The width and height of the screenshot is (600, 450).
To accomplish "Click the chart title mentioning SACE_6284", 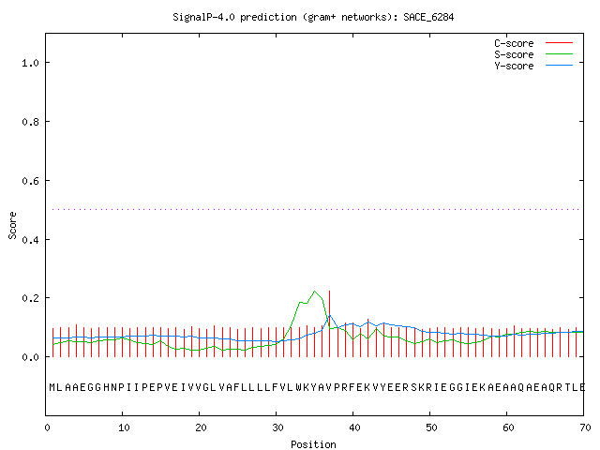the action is pos(313,17).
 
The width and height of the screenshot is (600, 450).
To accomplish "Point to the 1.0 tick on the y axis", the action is pos(30,63).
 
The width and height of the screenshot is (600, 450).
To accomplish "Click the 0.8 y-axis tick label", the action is pos(30,122).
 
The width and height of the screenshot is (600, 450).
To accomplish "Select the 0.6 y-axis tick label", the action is pos(30,181).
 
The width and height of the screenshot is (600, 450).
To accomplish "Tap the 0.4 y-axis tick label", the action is pos(30,240).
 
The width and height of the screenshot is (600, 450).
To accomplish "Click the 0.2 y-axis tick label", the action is pos(30,298).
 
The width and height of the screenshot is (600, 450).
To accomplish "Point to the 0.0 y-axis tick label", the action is pos(30,357).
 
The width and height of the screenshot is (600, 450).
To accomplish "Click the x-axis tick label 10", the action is pos(124,427).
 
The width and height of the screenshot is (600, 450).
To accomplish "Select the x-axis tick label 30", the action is pos(277,427).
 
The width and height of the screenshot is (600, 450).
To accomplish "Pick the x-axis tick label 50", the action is pos(431,427).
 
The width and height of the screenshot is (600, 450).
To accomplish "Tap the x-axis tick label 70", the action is pos(585,427).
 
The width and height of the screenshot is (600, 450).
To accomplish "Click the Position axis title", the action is pos(313,444).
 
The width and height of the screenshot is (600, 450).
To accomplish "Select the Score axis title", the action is pos(12,225).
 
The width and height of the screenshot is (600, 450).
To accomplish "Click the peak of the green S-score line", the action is pos(315,292).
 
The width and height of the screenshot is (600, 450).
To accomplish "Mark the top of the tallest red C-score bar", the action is pos(329,292).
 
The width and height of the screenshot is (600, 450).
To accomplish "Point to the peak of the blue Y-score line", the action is pos(329,315).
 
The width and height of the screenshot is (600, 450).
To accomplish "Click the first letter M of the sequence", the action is pos(52,387).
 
